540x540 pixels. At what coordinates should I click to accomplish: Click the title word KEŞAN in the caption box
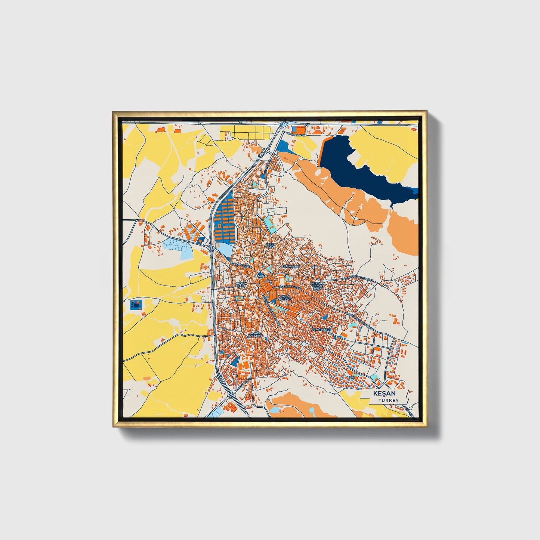pos(383,394)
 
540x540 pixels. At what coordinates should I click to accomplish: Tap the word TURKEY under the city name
pos(388,400)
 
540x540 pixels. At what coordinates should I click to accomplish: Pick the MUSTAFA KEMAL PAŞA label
pos(318,286)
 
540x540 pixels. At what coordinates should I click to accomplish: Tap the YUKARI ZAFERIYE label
pos(284,298)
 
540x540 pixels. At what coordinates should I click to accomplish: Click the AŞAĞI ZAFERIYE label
pos(255,334)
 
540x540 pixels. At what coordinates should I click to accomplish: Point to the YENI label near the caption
pos(351,378)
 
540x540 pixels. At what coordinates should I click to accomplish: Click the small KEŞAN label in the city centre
pos(259,276)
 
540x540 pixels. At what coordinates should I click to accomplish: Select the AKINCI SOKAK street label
pos(296,134)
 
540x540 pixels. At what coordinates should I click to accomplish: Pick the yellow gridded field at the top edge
pos(245,132)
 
